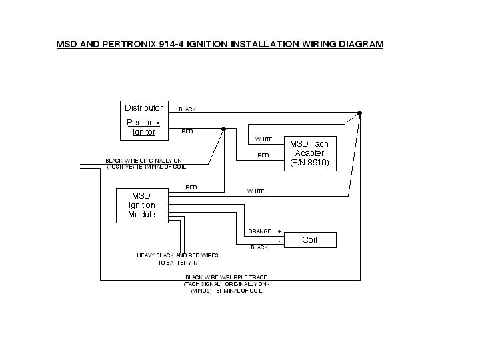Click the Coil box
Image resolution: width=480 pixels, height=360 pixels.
[310, 240]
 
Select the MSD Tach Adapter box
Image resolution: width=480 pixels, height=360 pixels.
[309, 153]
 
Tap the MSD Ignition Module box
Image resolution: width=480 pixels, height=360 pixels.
[141, 205]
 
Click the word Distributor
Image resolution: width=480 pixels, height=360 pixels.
[143, 108]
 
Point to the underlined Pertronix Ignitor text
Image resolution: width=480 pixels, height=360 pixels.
[143, 127]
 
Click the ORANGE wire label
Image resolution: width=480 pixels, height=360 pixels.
[259, 231]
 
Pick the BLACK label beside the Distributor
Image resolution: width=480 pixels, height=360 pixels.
[187, 109]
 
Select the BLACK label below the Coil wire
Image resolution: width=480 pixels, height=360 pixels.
[259, 247]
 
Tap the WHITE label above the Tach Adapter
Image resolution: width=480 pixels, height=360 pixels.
[263, 140]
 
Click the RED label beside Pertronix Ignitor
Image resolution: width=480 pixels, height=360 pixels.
[187, 132]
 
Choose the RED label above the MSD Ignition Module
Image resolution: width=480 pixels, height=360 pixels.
[191, 188]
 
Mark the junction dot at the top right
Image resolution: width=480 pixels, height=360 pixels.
[359, 113]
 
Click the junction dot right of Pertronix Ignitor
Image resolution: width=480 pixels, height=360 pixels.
[224, 129]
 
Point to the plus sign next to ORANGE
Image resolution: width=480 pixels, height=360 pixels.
[279, 231]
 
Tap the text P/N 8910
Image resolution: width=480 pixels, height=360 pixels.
[309, 163]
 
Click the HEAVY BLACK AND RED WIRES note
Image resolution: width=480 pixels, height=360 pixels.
[177, 255]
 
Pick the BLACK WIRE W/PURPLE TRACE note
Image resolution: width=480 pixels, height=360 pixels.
[226, 277]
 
